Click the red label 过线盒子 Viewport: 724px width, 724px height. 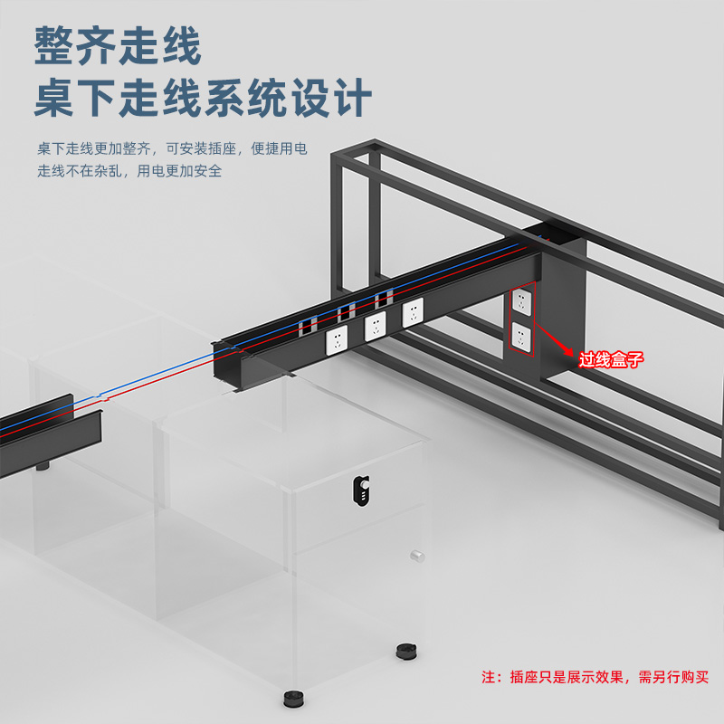[x=611, y=360]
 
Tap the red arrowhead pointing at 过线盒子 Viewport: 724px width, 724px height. [x=571, y=355]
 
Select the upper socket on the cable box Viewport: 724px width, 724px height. [x=521, y=300]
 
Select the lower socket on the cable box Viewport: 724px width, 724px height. [x=521, y=336]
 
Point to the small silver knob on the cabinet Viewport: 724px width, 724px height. [x=417, y=556]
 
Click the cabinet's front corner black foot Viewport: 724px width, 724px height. [x=292, y=700]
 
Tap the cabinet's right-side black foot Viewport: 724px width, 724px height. [x=405, y=649]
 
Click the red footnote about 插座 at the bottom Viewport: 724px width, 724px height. [x=595, y=676]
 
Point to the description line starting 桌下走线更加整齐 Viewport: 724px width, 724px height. [x=172, y=148]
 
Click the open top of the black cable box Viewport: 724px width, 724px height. [x=552, y=234]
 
